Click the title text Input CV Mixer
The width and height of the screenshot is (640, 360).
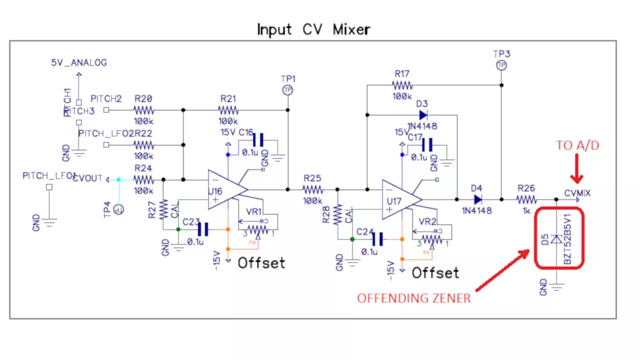tap(313, 29)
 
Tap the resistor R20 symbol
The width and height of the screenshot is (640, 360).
tap(143, 110)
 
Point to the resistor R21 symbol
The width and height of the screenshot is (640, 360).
tap(228, 110)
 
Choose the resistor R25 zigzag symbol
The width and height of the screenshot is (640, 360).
tap(313, 189)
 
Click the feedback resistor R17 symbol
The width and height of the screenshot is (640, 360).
tap(402, 85)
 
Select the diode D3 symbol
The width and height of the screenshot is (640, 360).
tap(423, 115)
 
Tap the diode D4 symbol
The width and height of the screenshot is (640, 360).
tap(477, 199)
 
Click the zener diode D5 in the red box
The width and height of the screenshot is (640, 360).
tap(556, 240)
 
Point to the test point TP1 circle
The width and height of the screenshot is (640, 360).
tap(287, 90)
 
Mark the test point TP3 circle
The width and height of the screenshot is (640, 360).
tap(501, 65)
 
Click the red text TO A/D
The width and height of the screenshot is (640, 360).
tap(577, 145)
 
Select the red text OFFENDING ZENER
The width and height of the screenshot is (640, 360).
tap(413, 298)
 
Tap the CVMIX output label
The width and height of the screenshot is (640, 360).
tap(577, 193)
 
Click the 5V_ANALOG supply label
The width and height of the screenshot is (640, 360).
tap(79, 63)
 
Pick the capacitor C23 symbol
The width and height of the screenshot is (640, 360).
tap(202, 229)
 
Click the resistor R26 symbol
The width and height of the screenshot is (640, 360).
tap(527, 199)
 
